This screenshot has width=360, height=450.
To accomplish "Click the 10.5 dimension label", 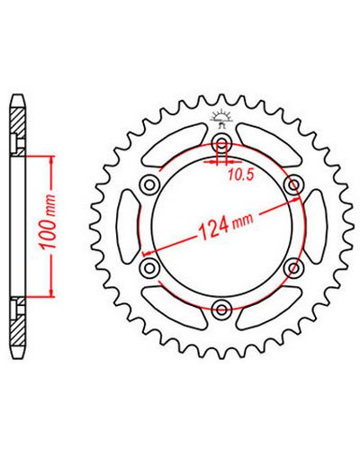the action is point(241,175).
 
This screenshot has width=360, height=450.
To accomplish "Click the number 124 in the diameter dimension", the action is point(213,228).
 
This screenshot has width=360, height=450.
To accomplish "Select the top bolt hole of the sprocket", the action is point(221,142).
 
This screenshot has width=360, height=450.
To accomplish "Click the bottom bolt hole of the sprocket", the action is point(221,309).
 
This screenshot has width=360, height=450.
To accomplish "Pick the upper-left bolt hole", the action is point(149,185).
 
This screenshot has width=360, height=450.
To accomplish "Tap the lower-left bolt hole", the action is point(149,267).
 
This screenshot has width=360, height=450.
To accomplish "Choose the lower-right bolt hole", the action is point(293,267).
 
